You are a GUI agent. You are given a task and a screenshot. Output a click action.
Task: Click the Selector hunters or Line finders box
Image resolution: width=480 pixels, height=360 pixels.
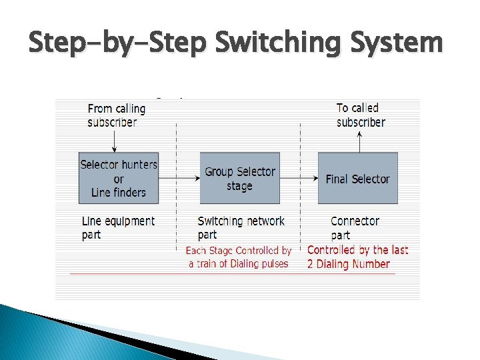tap(119, 178)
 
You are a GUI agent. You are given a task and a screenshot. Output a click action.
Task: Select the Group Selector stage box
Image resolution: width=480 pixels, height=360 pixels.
tap(239, 178)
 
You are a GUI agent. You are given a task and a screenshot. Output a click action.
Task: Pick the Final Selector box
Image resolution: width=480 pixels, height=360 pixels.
tap(357, 178)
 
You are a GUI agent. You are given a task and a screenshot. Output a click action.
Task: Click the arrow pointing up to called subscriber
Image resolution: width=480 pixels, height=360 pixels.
tap(359, 141)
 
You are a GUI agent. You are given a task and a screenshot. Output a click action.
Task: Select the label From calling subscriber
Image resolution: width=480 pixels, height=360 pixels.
tap(116, 115)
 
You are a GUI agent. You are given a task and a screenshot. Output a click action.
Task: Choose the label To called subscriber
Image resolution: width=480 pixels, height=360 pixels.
tap(361, 115)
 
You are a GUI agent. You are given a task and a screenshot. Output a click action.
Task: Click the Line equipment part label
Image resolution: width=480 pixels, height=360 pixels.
tap(118, 227)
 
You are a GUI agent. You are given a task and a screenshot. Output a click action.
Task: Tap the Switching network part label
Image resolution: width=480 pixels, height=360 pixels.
tap(241, 227)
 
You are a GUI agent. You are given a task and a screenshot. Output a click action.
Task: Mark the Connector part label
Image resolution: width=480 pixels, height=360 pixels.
tap(355, 227)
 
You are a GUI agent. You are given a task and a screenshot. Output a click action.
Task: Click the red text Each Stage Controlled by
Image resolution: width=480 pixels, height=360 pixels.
tap(238, 251)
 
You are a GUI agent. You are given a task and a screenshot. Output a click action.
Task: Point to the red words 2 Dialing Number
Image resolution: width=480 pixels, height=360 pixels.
tap(349, 264)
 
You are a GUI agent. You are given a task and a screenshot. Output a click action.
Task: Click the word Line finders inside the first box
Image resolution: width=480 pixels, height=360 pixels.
tap(118, 192)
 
